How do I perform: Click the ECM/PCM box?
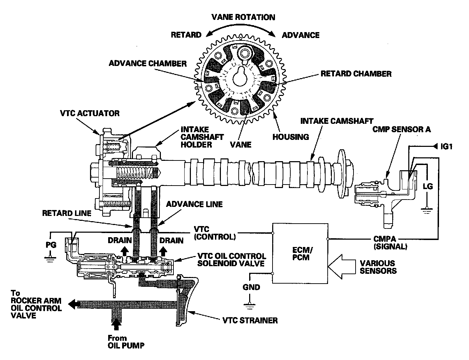tap(300, 253)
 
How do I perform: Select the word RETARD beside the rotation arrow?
tap(186, 35)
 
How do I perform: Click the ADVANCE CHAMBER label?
tap(148, 63)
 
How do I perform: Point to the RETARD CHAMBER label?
tap(356, 74)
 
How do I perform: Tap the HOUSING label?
tap(291, 137)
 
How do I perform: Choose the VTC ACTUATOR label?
tap(89, 113)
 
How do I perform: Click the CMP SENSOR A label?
tap(401, 129)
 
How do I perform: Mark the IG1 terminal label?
tap(446, 147)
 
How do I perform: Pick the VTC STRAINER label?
tap(250, 320)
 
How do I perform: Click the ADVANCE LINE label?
tap(194, 204)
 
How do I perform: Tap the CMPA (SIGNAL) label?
tap(389, 243)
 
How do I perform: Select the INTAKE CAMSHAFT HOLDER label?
tap(202, 137)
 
